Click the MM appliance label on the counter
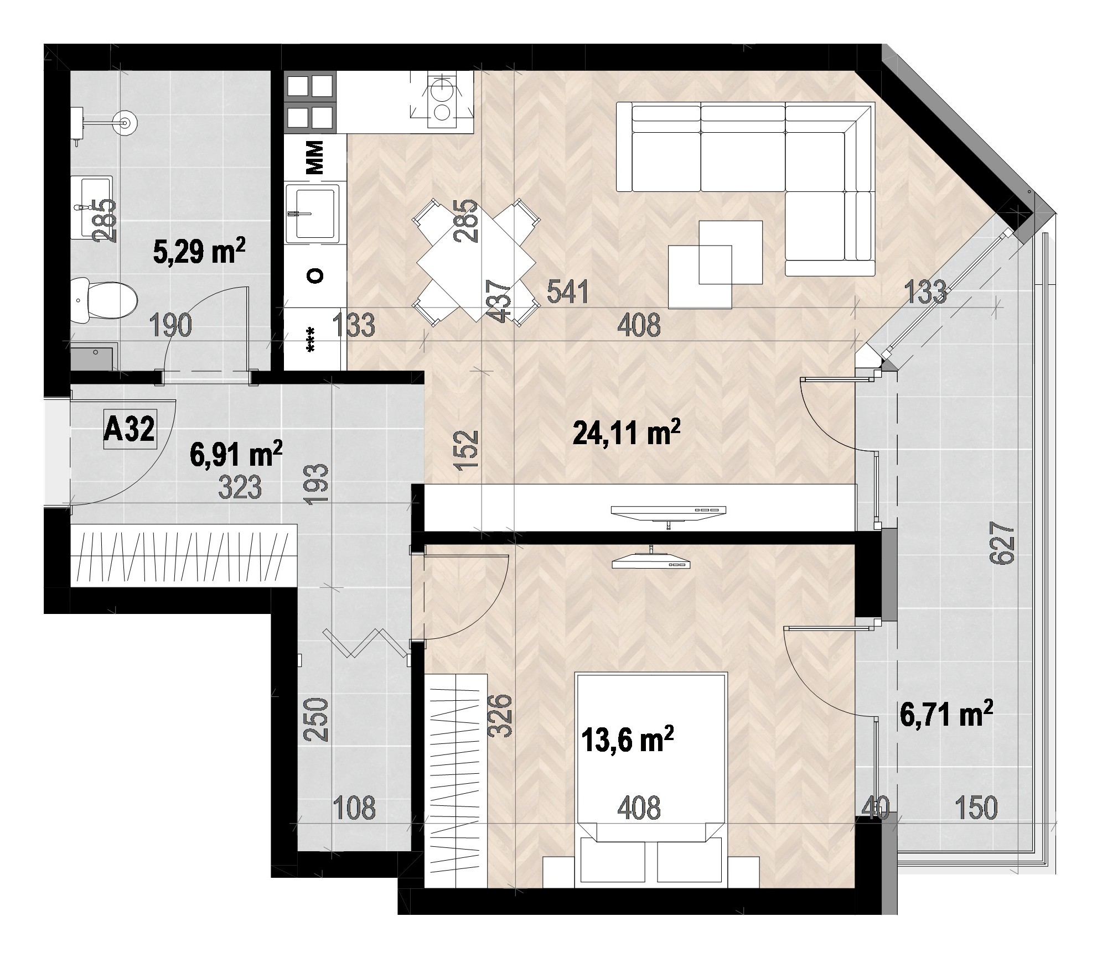pos(314,158)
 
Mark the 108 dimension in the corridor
pos(354,808)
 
